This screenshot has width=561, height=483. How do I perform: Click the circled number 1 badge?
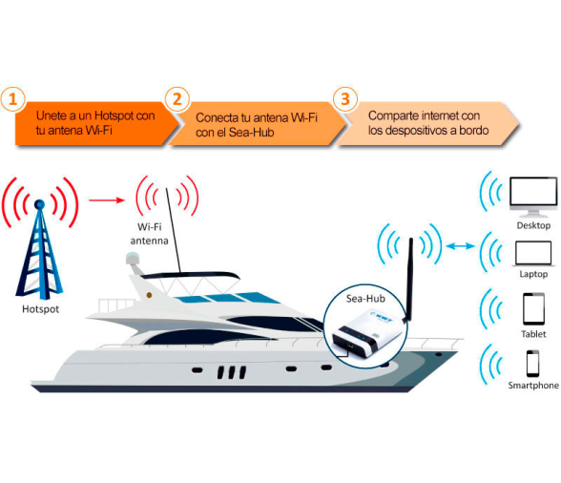click(12, 99)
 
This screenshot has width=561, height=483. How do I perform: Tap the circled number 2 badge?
click(177, 99)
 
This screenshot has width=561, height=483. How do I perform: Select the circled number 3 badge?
click(345, 99)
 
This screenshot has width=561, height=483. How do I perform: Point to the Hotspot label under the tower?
click(40, 309)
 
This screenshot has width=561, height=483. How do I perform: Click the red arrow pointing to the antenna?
click(107, 200)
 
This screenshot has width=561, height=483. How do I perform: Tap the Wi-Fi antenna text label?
click(149, 234)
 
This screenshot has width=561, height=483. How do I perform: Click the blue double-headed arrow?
click(460, 246)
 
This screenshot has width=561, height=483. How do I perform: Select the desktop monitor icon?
click(533, 197)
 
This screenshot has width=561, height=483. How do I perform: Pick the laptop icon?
click(533, 254)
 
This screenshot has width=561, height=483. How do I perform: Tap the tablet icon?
click(534, 308)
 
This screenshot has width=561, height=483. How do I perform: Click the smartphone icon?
click(532, 364)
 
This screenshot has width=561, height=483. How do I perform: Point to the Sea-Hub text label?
click(365, 299)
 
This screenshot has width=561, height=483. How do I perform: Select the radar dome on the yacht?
click(133, 259)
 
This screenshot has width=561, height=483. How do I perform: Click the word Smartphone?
click(533, 386)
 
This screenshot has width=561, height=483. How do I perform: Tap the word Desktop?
click(533, 225)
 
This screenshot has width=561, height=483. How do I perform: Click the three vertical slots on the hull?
click(232, 372)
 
